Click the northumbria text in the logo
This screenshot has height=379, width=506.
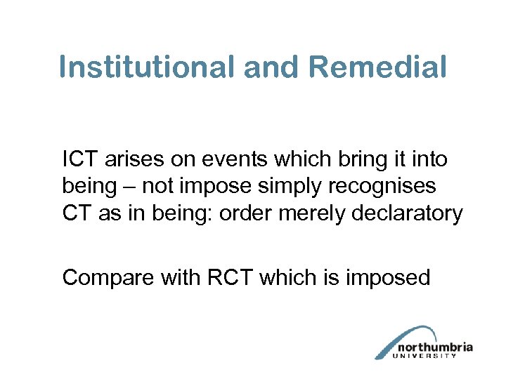click(435, 347)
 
